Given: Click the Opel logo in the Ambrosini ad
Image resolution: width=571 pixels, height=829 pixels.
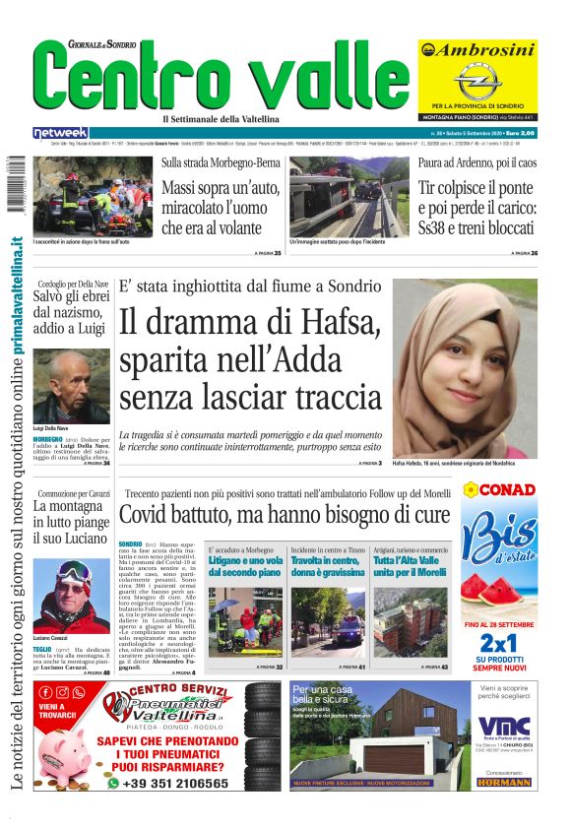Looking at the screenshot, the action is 477,79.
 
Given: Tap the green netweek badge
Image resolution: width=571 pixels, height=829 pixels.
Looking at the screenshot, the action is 60,132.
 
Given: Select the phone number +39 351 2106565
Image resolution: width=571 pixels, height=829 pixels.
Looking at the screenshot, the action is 182,784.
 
